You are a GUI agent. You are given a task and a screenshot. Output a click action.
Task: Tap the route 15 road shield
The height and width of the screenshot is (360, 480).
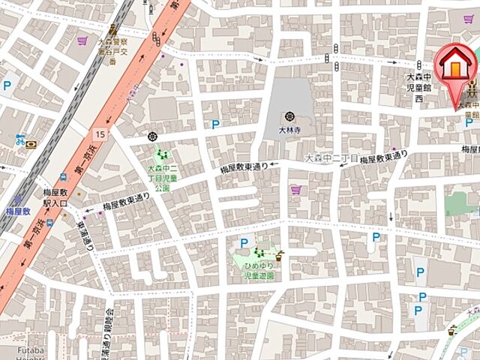101,133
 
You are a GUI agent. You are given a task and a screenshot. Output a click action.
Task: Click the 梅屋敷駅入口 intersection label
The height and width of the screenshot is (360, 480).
54,198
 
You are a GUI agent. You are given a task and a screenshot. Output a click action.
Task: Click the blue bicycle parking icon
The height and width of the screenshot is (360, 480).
20,139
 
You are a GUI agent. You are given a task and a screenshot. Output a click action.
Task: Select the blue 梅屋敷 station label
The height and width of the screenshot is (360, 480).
16,213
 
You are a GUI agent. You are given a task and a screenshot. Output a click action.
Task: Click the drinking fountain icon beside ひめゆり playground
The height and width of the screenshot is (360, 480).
280,253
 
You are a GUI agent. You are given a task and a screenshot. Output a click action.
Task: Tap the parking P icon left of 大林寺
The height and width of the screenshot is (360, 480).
216,124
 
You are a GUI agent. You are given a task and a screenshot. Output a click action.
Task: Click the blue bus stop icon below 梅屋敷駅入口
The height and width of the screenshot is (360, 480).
48,222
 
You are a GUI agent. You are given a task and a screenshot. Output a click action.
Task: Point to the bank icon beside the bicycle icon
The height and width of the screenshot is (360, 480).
31,146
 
